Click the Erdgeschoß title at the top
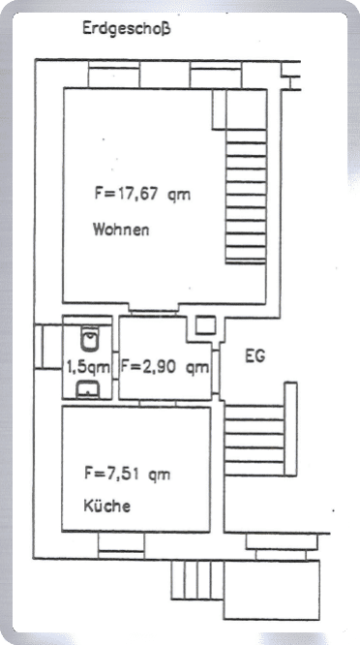126,30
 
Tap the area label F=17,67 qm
143,194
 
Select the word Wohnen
121,230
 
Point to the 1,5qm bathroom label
88,366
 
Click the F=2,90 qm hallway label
165,367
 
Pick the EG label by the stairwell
255,356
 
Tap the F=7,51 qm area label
128,475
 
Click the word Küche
106,506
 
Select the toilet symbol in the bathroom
89,339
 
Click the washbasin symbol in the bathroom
87,389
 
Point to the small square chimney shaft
205,325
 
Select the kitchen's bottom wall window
121,545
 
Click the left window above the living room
114,75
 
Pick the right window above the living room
216,75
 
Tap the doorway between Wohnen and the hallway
154,310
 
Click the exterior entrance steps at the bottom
197,580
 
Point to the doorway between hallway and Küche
158,404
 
